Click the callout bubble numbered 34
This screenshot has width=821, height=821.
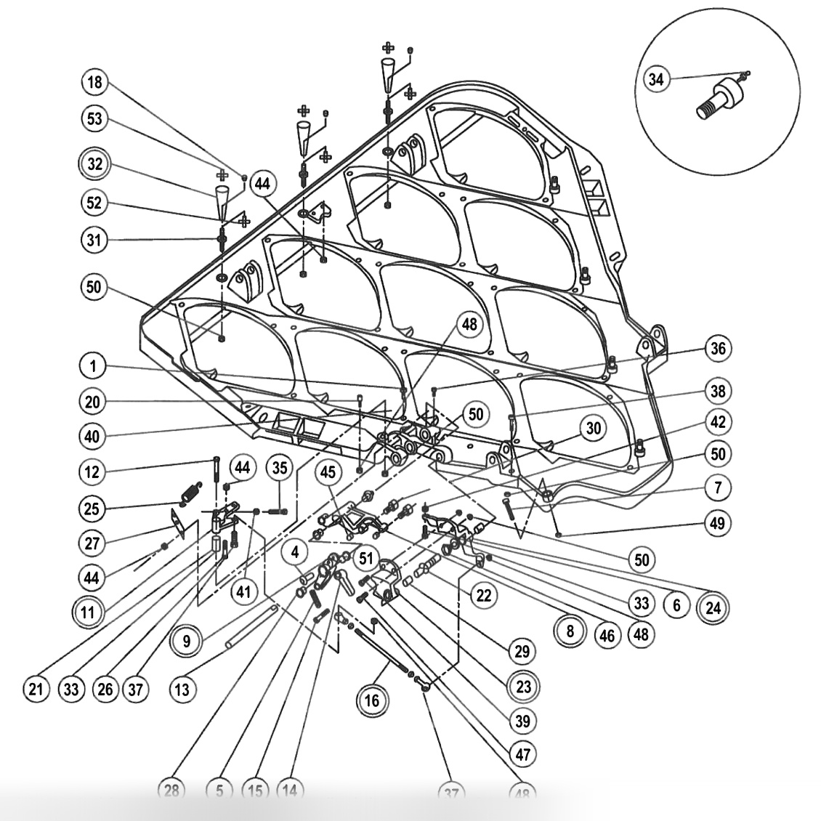(x=656, y=79)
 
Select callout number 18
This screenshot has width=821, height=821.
(x=95, y=82)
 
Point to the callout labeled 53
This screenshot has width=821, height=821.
(x=95, y=120)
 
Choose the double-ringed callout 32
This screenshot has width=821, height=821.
(x=95, y=163)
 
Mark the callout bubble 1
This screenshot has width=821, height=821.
(x=93, y=368)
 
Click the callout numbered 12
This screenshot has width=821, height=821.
(x=94, y=472)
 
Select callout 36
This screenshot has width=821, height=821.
(x=719, y=348)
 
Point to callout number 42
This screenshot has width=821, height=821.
(x=719, y=422)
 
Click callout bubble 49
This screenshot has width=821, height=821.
(x=719, y=523)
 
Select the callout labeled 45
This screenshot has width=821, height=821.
(x=329, y=472)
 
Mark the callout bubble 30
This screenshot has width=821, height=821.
(x=594, y=428)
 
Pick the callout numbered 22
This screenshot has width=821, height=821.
(x=483, y=596)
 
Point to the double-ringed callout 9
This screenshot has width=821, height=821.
(x=187, y=641)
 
